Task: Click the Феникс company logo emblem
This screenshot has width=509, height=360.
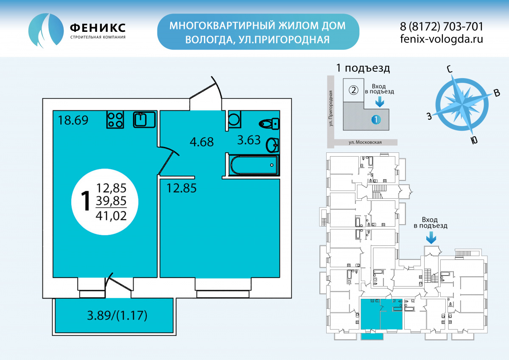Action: [46, 31]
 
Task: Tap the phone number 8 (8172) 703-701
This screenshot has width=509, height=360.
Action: [441, 27]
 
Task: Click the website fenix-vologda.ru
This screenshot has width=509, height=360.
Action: [441, 39]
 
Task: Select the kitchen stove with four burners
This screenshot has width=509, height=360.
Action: [115, 119]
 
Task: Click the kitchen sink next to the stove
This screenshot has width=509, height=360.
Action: [144, 119]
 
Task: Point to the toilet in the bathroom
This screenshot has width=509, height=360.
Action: [269, 124]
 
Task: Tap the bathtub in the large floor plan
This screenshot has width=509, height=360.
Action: [254, 165]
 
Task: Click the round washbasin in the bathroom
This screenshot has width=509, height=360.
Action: [272, 145]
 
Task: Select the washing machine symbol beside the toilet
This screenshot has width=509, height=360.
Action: [234, 119]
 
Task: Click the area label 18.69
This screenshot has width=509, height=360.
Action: [73, 120]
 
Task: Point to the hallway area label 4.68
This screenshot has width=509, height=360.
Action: [201, 142]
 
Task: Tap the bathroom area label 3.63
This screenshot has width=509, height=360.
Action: [249, 140]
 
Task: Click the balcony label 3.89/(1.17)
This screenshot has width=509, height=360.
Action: [117, 315]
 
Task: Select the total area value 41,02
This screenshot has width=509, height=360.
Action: [111, 216]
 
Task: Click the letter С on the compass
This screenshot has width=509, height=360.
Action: [450, 69]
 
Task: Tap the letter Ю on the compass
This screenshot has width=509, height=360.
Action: [474, 141]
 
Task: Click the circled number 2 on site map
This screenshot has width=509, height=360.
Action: [353, 90]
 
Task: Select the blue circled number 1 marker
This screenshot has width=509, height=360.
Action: [376, 119]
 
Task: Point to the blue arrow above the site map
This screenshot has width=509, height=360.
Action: [380, 101]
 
